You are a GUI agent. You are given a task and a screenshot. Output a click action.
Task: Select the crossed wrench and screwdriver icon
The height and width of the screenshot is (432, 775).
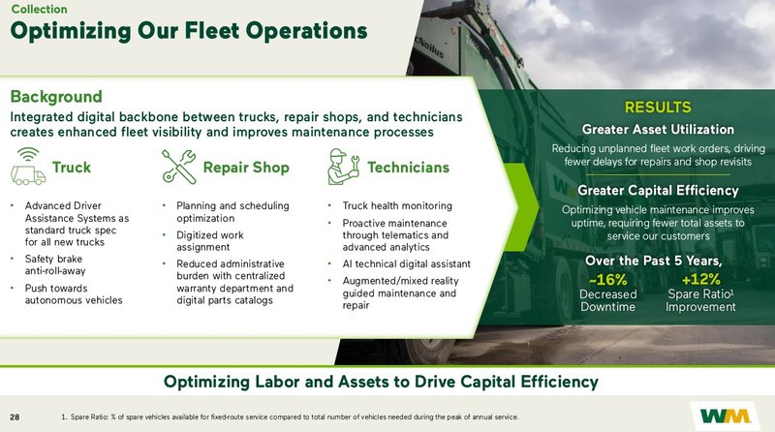pyautogui.click(x=179, y=167)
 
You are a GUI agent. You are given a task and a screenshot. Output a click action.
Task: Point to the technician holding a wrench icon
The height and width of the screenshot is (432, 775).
pyautogui.click(x=344, y=167)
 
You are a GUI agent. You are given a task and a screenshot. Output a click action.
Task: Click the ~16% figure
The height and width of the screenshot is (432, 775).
pyautogui.click(x=608, y=280)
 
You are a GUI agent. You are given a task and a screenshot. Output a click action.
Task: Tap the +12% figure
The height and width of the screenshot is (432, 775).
pyautogui.click(x=700, y=280)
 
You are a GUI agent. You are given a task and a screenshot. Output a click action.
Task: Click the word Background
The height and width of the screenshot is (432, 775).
pyautogui.click(x=56, y=97)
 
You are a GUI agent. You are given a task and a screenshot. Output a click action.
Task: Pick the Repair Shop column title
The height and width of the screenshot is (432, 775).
pyautogui.click(x=246, y=168)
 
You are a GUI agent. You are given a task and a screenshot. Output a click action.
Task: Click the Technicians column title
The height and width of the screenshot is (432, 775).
pyautogui.click(x=408, y=168)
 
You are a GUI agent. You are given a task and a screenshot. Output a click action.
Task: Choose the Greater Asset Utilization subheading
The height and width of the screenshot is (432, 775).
pyautogui.click(x=658, y=129)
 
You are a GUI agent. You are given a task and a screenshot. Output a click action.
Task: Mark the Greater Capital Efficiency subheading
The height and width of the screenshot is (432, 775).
pyautogui.click(x=658, y=190)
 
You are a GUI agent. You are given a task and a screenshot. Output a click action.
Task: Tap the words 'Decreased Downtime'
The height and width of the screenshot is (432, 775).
pyautogui.click(x=607, y=300)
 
